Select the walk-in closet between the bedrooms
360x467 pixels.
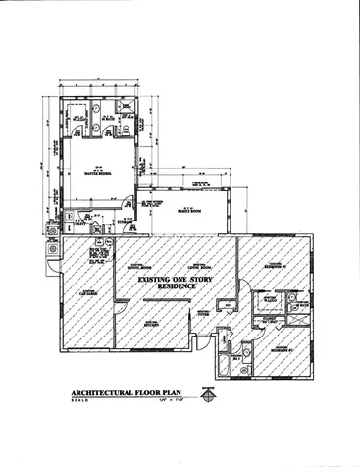click(x=265, y=317)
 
